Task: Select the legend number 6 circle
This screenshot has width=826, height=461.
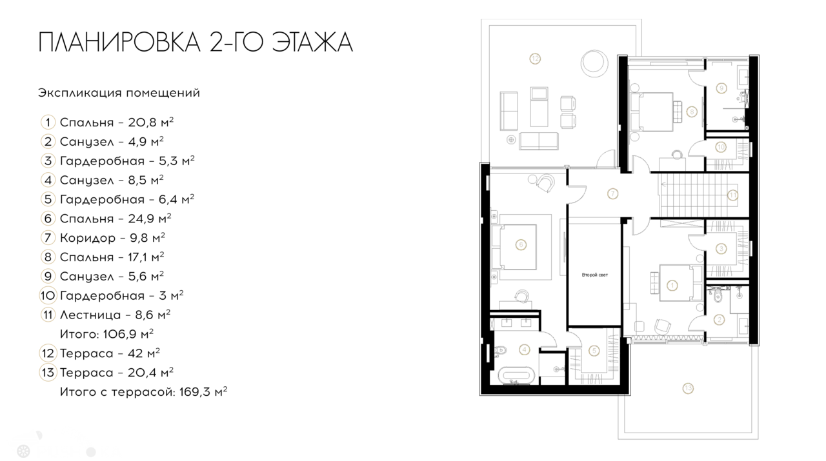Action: coord(48,219)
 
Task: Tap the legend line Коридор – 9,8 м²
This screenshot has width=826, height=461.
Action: coord(112,238)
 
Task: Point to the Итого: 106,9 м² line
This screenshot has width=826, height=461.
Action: coord(106,334)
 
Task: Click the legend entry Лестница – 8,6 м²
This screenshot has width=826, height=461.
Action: coord(115,315)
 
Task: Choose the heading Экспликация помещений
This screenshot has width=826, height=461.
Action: coord(119,93)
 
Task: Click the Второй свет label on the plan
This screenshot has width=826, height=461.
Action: coord(594,275)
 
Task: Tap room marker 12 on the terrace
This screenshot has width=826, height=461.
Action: coord(534,59)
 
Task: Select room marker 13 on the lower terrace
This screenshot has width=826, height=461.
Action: coord(688,387)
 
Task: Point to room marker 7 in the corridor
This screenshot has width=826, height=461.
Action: coord(612,192)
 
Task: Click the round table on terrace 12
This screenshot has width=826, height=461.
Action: coord(593,63)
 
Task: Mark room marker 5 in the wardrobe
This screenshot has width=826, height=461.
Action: coord(594,351)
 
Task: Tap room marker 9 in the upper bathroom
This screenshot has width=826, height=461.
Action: coord(721,87)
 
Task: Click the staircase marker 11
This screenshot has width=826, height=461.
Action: coord(732,193)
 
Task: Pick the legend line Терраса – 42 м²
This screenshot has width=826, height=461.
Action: coord(110,353)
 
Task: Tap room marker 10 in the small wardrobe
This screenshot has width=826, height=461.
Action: coord(721,147)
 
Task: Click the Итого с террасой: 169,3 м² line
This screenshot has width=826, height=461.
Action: coord(143,391)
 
